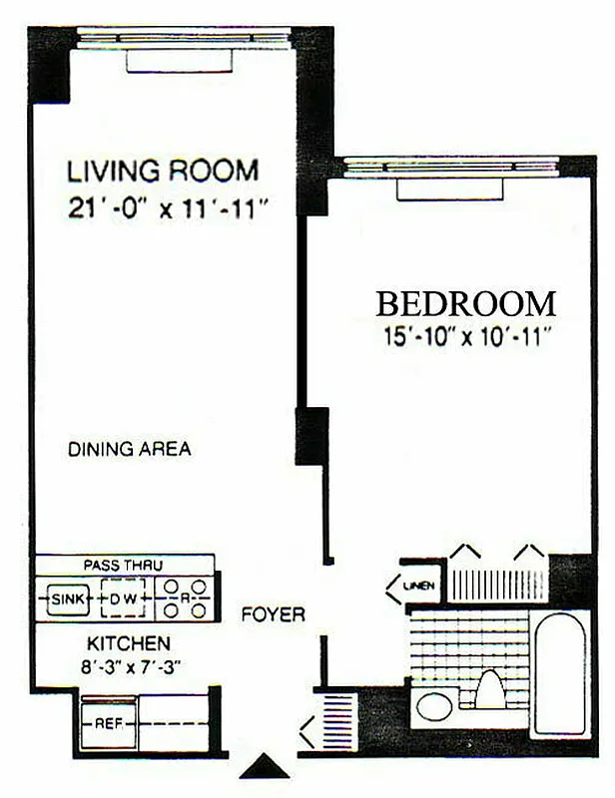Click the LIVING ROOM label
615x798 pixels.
coord(163,170)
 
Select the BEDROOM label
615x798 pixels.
coord(465,302)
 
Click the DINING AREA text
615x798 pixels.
coord(129,449)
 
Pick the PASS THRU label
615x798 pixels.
coord(124,565)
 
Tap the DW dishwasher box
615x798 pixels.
coord(122,598)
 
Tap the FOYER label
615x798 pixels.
coord(273,614)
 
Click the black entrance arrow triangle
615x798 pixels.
coord(265,766)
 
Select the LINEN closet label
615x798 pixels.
coord(419,586)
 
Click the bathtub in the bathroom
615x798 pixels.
coord(558,673)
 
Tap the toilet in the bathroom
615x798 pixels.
coord(490,689)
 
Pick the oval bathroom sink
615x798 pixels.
coord(434,707)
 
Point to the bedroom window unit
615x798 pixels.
coord(448,190)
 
